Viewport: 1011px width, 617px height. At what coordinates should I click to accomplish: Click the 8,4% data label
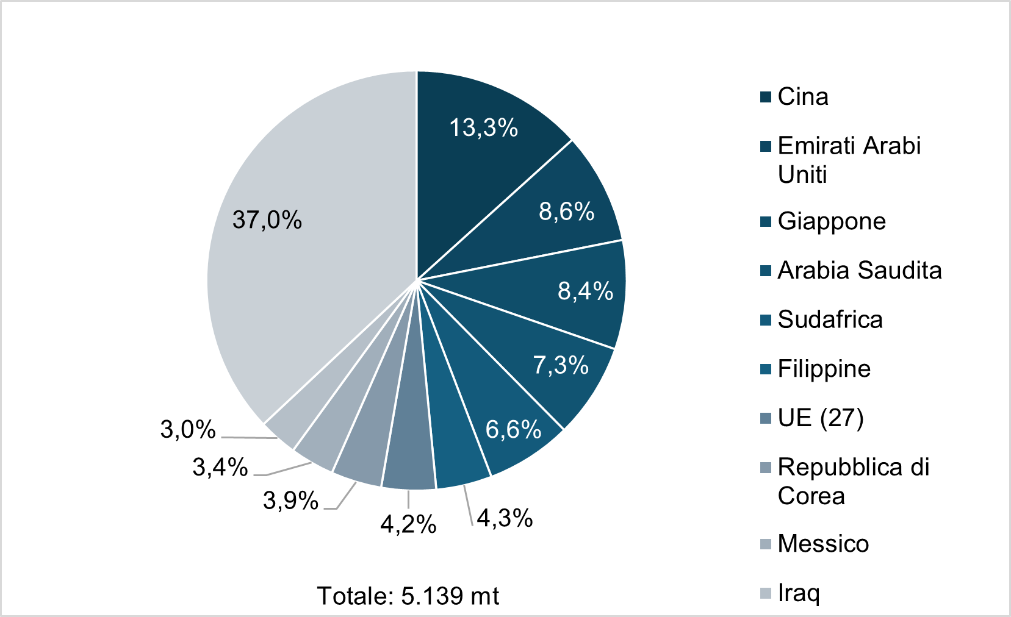(x=585, y=291)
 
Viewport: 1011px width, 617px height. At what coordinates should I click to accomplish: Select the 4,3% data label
(x=505, y=518)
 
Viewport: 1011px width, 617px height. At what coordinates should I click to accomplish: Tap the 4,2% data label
(x=408, y=524)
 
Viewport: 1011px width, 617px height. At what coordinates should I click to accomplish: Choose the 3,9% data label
(x=290, y=501)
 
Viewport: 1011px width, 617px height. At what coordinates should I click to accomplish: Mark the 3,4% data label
(x=220, y=468)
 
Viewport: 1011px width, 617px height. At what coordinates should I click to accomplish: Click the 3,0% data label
(x=188, y=430)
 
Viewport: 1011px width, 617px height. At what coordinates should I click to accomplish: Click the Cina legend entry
(x=803, y=97)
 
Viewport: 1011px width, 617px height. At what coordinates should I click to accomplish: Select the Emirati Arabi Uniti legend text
(x=849, y=160)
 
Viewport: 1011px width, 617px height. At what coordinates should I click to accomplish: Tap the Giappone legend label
(x=832, y=221)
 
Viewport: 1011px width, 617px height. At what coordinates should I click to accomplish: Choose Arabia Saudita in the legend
(x=860, y=270)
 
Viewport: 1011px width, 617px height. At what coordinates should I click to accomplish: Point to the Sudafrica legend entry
(x=830, y=319)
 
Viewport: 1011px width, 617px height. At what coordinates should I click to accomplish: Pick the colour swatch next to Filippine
(x=766, y=369)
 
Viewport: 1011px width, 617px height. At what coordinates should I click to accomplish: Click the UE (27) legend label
(x=821, y=418)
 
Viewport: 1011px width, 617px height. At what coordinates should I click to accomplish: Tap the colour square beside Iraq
(x=766, y=593)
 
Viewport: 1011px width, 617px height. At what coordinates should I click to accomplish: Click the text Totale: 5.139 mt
(x=408, y=596)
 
